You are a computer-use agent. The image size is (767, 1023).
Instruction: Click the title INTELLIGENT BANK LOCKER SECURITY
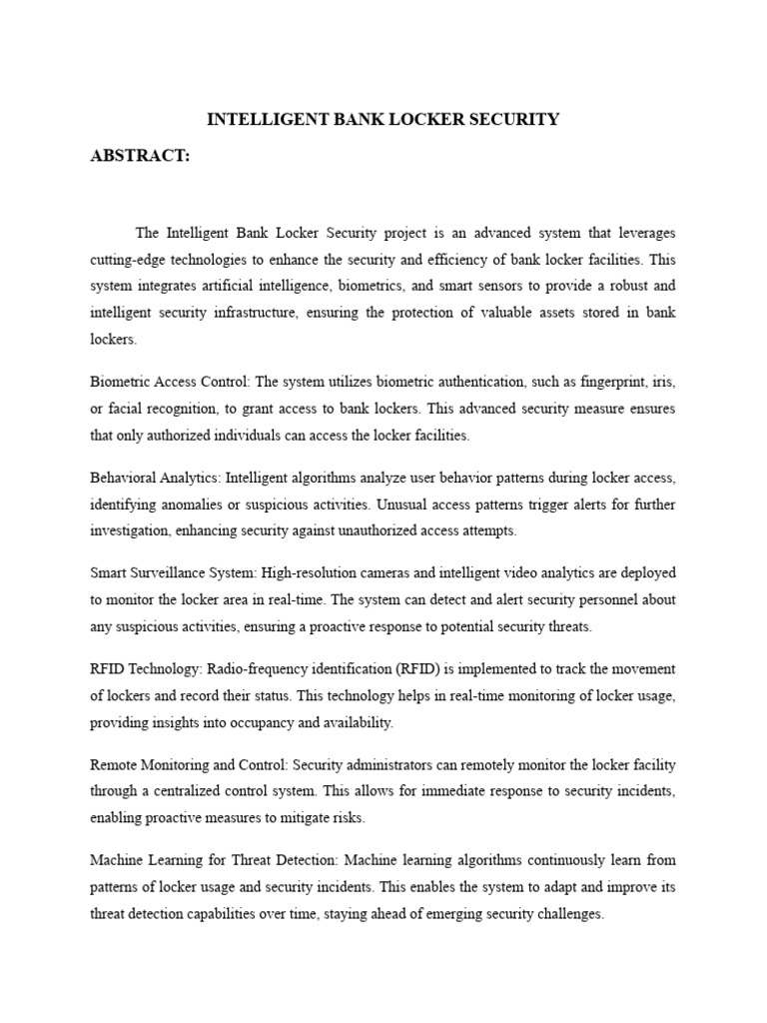coord(383,120)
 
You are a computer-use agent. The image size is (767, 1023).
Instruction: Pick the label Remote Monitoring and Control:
coord(188,765)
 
